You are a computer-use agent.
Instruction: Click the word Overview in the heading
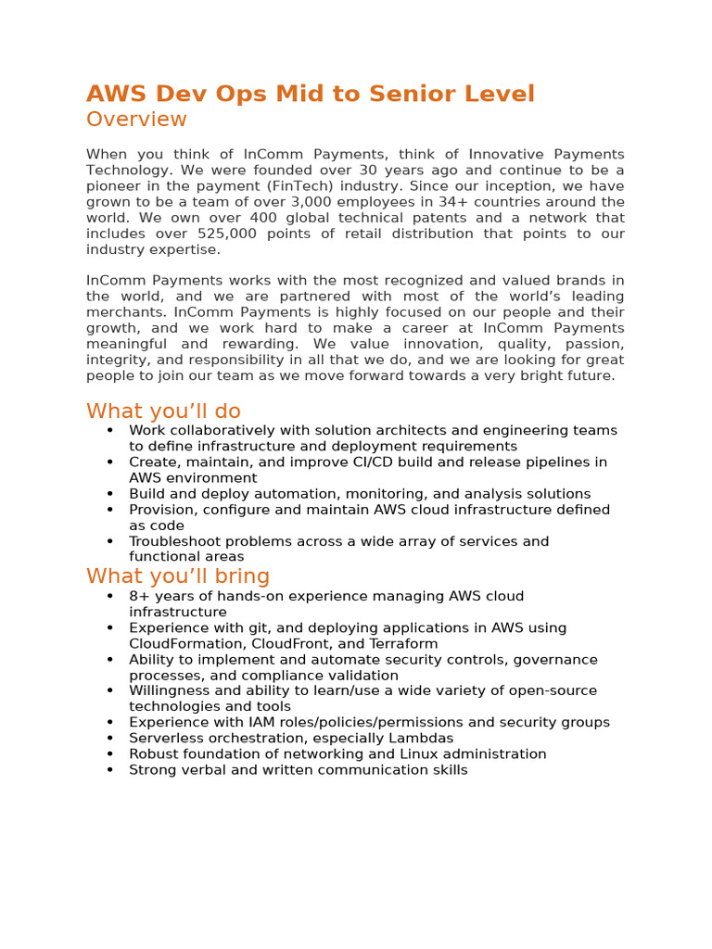136,120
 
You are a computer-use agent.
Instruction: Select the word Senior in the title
412,94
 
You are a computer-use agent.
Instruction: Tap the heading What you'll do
163,411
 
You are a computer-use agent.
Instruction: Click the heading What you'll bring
178,576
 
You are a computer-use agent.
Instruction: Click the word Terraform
403,644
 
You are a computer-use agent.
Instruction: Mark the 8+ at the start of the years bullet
138,597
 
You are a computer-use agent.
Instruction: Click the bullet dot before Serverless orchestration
110,739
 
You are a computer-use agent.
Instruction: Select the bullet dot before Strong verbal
110,770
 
